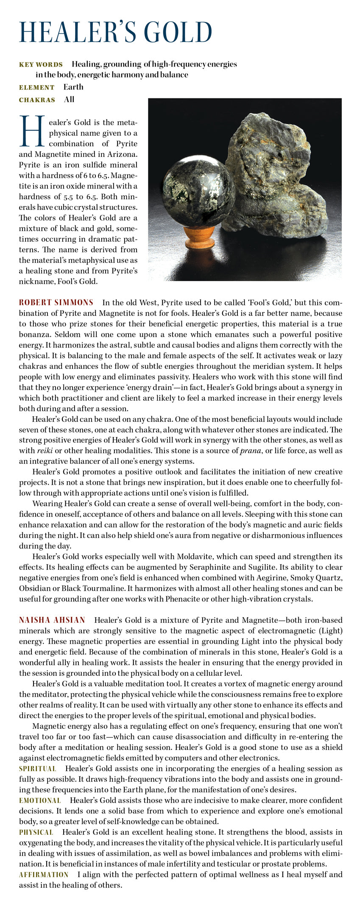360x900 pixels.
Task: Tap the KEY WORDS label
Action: pos(41,65)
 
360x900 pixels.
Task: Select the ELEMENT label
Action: pos(36,88)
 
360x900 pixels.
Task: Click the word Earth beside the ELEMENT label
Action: pos(73,87)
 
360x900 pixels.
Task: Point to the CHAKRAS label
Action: pos(37,100)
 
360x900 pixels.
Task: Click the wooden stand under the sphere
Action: pos(200,237)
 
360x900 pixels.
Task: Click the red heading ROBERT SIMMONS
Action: pos(56,303)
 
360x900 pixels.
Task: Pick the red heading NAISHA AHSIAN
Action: pos(52,620)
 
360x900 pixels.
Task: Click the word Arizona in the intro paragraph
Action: pos(122,154)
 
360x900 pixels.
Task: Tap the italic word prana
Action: pos(250,451)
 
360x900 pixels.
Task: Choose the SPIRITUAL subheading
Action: pos(37,769)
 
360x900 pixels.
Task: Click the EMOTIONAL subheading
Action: pos(40,800)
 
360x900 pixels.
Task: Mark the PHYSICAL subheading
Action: pos(36,832)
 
